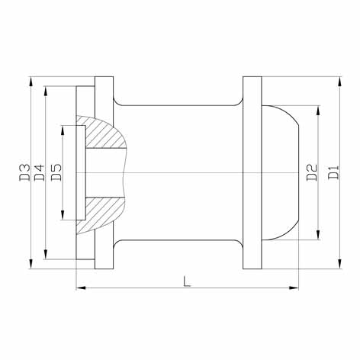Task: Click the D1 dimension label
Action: tap(333, 173)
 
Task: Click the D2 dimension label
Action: tap(312, 173)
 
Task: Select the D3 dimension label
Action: tap(24, 173)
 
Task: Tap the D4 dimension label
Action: tap(39, 173)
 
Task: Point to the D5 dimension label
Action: tap(56, 173)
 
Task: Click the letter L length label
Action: tap(187, 281)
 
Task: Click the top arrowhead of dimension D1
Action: tap(339, 82)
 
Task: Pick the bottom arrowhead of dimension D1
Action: tap(339, 263)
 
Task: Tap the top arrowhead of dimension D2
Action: tap(318, 111)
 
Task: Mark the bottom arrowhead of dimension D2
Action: tap(318, 234)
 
